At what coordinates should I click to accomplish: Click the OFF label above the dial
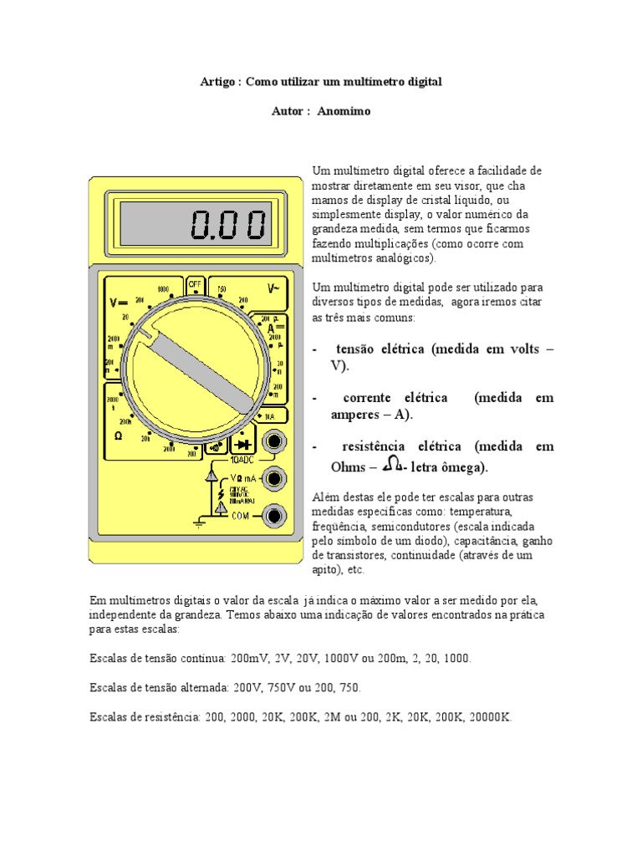point(196,283)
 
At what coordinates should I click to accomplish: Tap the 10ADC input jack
point(273,441)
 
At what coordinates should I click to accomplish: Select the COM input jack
point(273,517)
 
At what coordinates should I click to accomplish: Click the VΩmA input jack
point(273,479)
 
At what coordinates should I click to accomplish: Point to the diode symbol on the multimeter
point(243,443)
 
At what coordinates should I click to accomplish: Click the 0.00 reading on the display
point(228,224)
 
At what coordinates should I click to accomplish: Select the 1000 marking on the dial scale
point(163,289)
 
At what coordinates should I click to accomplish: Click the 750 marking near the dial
point(222,289)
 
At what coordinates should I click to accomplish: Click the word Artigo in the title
point(218,82)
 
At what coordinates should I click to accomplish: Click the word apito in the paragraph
point(324,570)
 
